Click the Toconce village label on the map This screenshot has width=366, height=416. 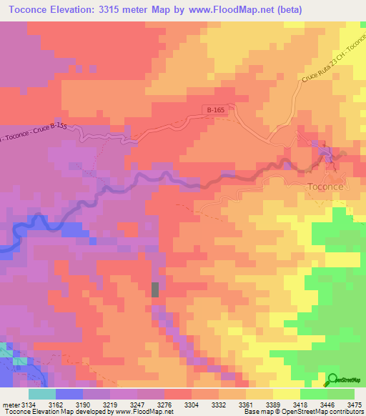click(x=325, y=187)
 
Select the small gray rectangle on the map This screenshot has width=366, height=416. click(x=155, y=289)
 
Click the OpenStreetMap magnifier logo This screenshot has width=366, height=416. click(x=333, y=380)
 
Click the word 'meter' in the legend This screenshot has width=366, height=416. click(x=11, y=404)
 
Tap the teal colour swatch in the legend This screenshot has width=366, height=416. click(x=41, y=394)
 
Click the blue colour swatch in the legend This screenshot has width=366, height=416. click(x=69, y=394)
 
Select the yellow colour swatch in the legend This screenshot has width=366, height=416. click(x=286, y=394)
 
